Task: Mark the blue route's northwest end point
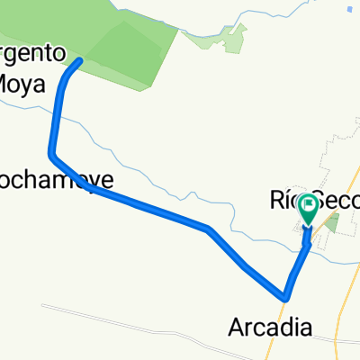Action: (80, 61)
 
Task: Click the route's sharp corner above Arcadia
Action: (285, 296)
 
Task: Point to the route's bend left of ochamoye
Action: (51, 155)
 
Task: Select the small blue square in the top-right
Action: (348, 9)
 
